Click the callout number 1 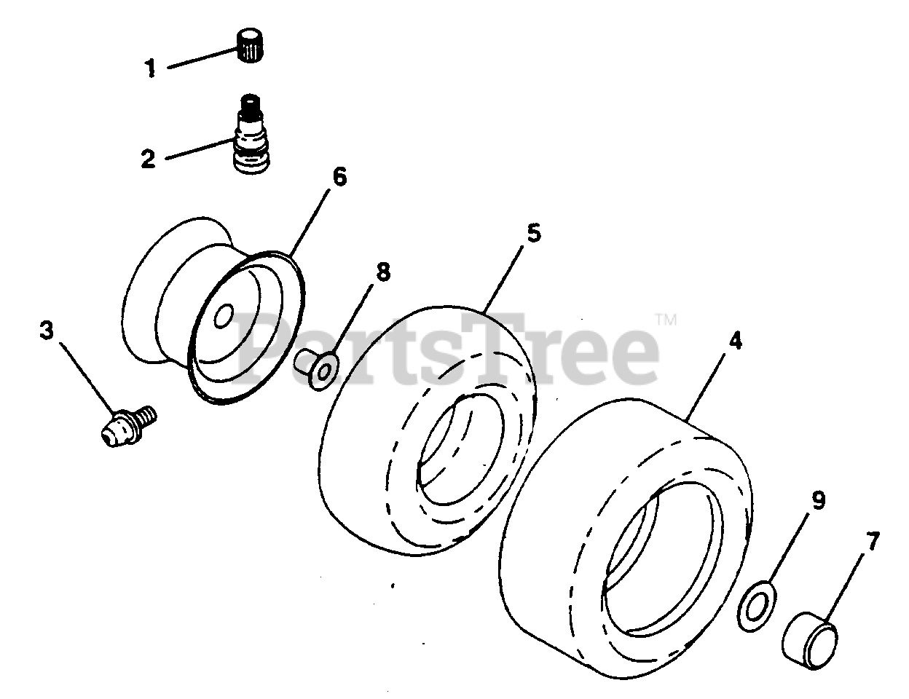click(x=149, y=70)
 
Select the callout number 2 click(x=148, y=159)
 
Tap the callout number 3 click(x=47, y=331)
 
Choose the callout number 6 click(x=340, y=176)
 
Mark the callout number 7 click(x=873, y=542)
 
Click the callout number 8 click(x=382, y=272)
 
